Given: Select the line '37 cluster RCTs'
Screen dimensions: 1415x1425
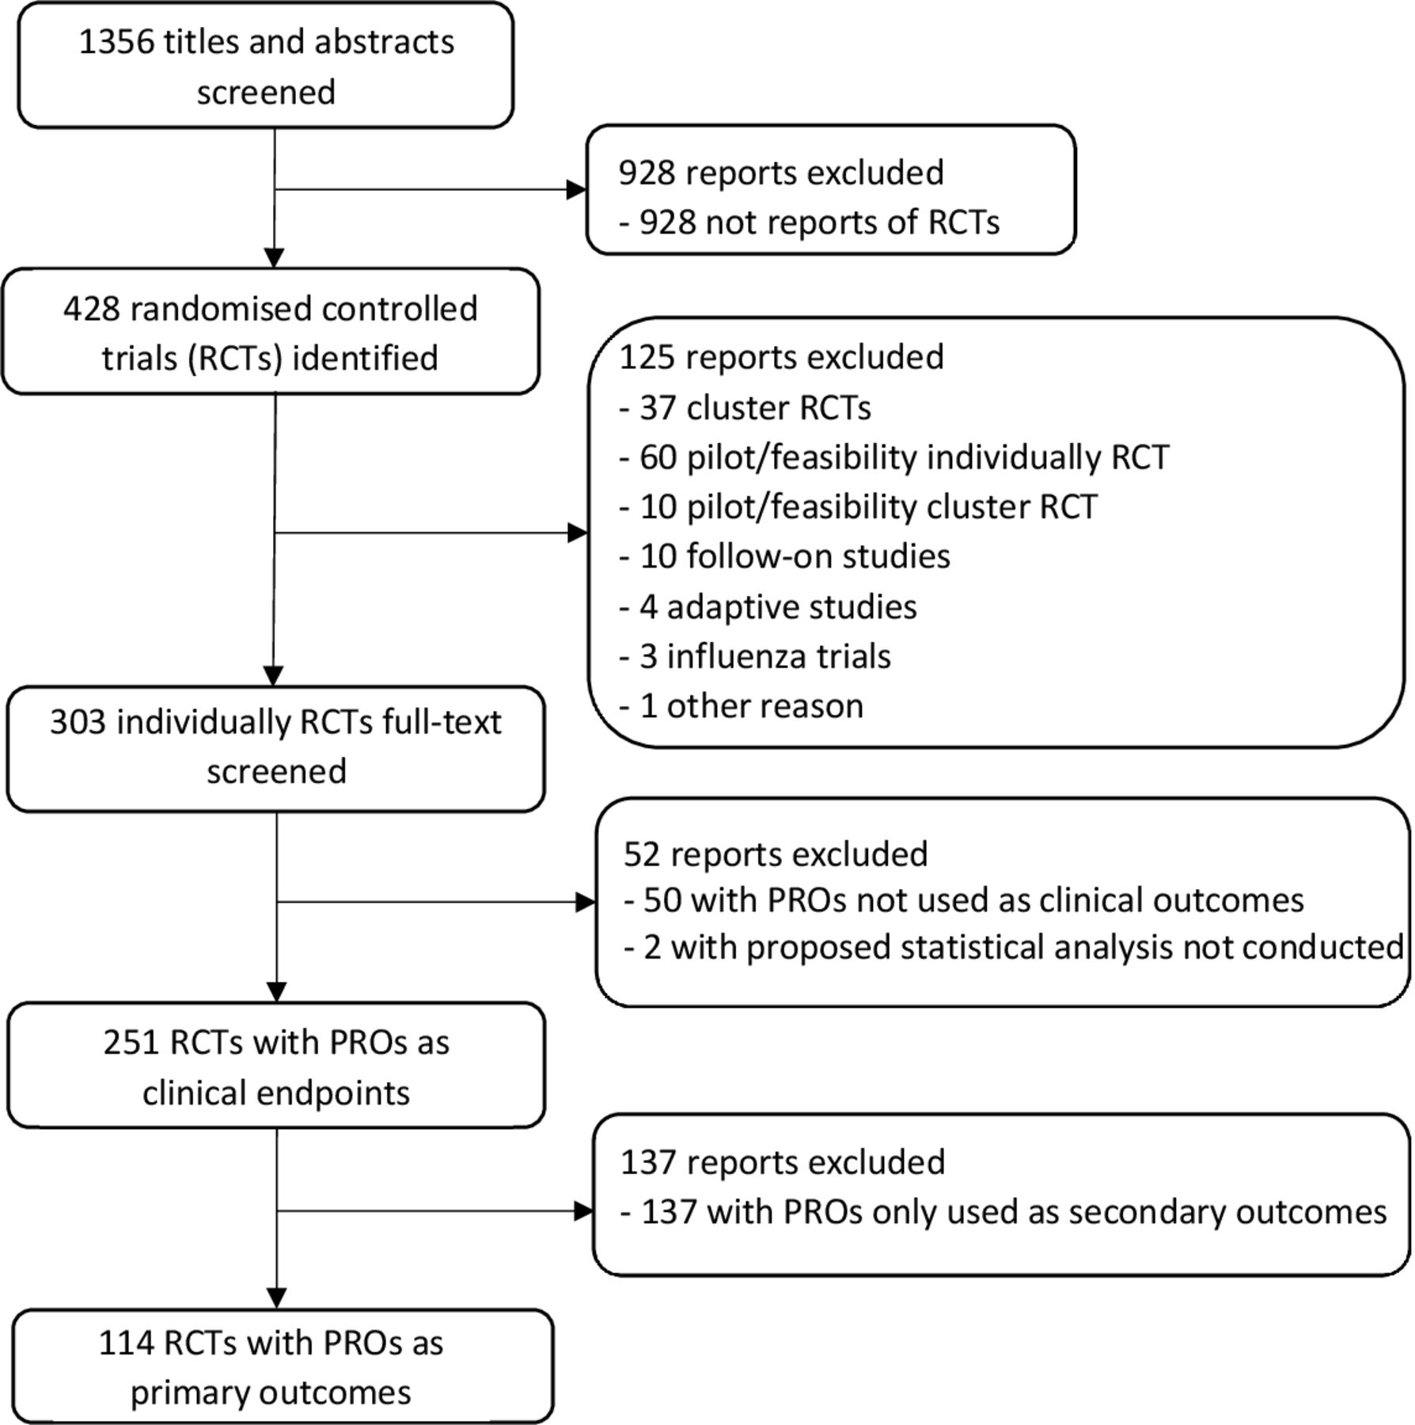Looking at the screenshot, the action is pos(745,408).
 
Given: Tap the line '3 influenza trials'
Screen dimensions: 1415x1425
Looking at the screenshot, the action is pos(755,657).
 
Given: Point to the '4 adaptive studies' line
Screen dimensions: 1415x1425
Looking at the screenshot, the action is pos(768,608).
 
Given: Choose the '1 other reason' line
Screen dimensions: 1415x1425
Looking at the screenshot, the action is pos(741,706).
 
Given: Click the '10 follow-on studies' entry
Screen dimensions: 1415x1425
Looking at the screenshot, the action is pos(784,557).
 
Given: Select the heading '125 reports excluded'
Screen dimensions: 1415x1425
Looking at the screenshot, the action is pos(782,357).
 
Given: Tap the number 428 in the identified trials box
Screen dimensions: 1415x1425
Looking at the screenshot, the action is pos(91,309).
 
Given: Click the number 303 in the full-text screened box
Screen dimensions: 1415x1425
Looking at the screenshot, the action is pos(78,722).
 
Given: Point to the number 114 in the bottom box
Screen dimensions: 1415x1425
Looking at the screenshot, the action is pos(126,1343).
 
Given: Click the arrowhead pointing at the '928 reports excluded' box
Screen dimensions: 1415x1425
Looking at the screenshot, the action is pos(577,189).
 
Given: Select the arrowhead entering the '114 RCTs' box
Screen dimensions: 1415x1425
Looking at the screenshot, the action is pos(277,1299).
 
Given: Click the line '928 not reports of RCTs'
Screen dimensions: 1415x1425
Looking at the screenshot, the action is pos(809,222).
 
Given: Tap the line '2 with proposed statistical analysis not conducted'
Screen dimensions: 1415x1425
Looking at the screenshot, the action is pos(1013,948).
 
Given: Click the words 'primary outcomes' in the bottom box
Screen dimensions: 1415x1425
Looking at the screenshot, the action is pos(271,1393).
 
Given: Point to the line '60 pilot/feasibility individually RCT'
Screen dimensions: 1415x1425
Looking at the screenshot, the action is pos(893,458).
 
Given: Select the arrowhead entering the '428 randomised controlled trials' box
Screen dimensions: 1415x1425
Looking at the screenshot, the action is pos(274,259).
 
